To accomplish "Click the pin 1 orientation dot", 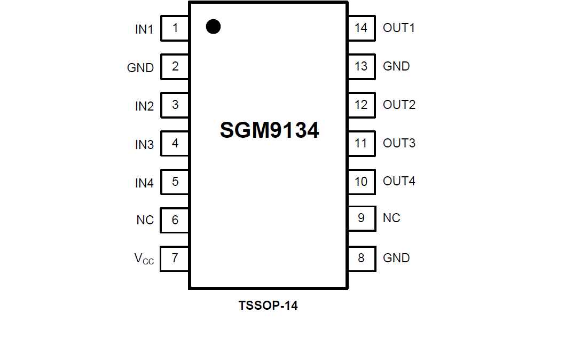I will click(213, 27).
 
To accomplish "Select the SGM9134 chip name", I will click(269, 130).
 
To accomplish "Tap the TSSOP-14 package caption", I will click(268, 306).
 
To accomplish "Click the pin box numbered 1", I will click(175, 28).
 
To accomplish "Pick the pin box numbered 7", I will click(175, 259).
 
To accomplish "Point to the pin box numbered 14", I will click(362, 28).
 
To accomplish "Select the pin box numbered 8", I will click(362, 259).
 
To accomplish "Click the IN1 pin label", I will click(144, 30).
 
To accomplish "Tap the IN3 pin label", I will click(144, 145).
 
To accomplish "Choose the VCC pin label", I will click(144, 260).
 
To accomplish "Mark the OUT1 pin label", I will click(399, 28).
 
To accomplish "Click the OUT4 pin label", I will click(399, 181).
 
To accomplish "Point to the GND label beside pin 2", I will click(140, 68).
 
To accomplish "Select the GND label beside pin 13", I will click(396, 66).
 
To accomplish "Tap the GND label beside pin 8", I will click(396, 258).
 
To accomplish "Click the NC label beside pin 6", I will click(145, 220).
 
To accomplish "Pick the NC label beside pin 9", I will click(391, 218).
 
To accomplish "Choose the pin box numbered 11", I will click(362, 143).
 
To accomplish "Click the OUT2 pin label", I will click(399, 105).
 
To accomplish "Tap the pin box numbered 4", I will click(175, 143).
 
